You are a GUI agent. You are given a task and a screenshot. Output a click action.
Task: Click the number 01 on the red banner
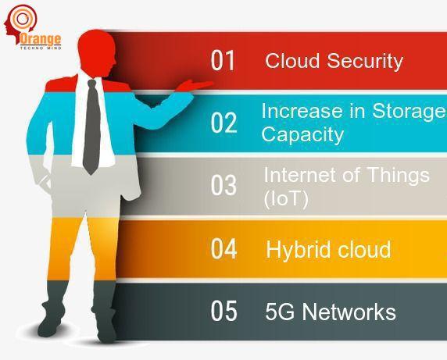[x=223, y=60]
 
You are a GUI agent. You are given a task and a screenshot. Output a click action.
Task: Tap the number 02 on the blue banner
[x=223, y=123]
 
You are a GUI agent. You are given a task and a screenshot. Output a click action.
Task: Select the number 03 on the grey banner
[x=223, y=185]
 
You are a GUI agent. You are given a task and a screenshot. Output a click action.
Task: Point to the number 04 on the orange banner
[x=223, y=248]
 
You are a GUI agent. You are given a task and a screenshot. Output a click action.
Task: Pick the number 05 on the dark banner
[x=223, y=311]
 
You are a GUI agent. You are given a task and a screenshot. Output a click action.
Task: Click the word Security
[x=365, y=62]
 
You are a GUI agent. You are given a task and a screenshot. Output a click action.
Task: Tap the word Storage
[x=409, y=112]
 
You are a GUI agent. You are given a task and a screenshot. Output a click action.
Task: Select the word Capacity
[x=302, y=135]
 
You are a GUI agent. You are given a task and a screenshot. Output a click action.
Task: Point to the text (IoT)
[x=286, y=199]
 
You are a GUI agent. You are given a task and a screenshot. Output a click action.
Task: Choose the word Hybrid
[x=299, y=250]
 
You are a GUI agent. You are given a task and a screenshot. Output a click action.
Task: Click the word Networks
[x=349, y=312]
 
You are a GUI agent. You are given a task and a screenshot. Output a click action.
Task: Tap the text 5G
[x=280, y=312]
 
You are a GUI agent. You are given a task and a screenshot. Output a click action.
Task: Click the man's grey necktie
[x=91, y=127]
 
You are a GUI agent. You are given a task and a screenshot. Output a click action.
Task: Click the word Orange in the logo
[x=41, y=39]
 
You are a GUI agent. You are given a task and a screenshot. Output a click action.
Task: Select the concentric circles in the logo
[x=22, y=18]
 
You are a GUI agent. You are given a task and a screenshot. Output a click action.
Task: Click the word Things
[x=398, y=176]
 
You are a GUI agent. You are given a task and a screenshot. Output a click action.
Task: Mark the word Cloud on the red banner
[x=292, y=61]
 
